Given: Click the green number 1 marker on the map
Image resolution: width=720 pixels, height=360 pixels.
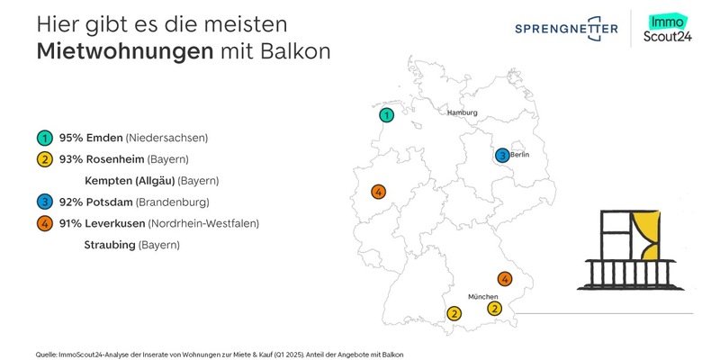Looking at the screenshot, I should point(386,115).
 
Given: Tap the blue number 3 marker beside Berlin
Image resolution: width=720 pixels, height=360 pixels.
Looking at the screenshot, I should point(501,156).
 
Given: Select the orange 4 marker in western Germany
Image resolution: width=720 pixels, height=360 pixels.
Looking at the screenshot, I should point(379,192).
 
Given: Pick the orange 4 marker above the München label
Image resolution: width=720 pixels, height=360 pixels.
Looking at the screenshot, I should point(505,279).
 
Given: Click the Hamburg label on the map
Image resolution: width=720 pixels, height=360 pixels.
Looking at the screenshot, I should point(462,112).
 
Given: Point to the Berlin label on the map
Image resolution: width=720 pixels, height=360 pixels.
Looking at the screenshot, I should point(519,156).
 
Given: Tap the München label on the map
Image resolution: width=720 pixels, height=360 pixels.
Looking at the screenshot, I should point(482,296).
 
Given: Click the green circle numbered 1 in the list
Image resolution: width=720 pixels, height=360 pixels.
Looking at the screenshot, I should point(43,139).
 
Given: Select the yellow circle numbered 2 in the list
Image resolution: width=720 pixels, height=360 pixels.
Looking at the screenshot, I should point(43,160).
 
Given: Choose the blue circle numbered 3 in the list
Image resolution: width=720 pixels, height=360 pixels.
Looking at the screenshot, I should point(43,202).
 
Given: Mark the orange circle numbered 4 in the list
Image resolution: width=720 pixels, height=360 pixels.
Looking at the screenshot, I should point(43,223).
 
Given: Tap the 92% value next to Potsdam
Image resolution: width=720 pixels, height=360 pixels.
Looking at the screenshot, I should point(71,202).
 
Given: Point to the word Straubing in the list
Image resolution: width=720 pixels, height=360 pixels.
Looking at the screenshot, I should point(109,245).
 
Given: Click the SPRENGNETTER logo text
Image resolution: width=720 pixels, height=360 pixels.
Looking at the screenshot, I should point(566,30).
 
